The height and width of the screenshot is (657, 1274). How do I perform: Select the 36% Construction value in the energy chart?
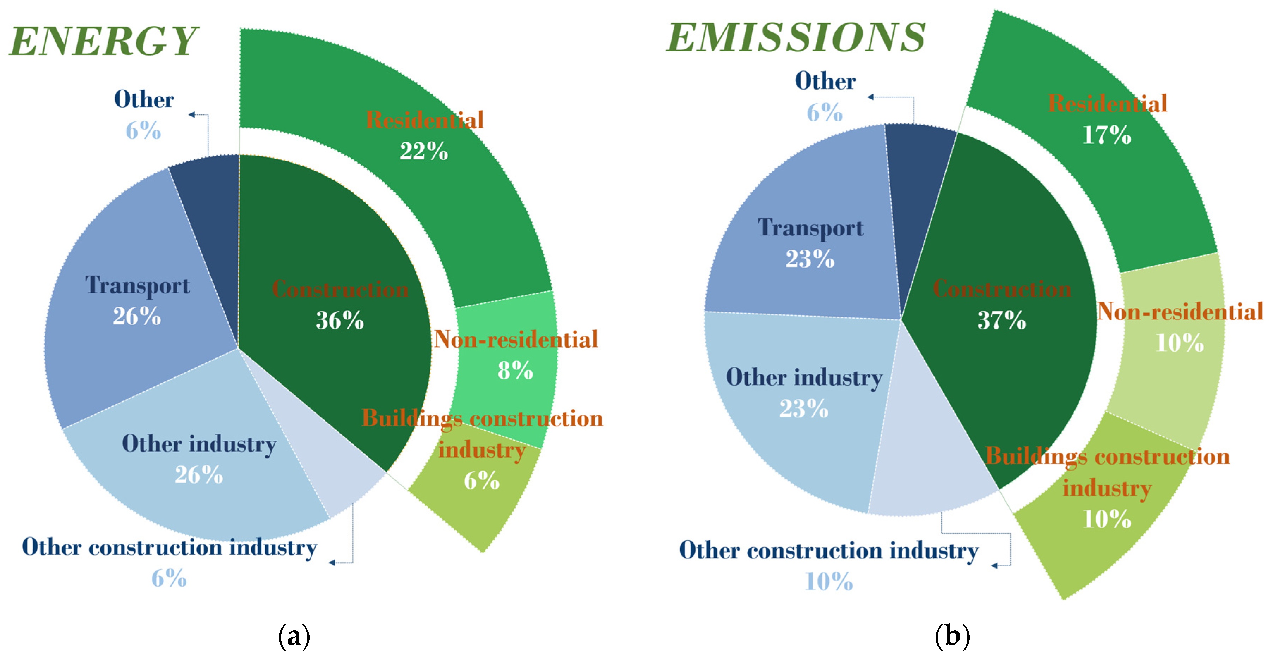tap(340, 320)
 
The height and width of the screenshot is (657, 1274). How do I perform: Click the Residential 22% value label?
tap(424, 151)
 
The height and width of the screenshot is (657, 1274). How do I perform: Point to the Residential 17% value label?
tap(1107, 135)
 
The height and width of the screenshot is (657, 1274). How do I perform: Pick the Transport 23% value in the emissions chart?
tap(810, 259)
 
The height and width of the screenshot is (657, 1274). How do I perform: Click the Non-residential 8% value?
tap(515, 370)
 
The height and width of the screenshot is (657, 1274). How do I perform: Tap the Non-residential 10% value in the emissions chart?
tap(1180, 343)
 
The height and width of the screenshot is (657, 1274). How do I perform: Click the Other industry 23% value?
tap(804, 409)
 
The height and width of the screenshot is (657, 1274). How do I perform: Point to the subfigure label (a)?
tap(294, 636)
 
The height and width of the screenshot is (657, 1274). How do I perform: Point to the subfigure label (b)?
tap(953, 636)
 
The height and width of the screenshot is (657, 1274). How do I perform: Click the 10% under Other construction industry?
tap(829, 581)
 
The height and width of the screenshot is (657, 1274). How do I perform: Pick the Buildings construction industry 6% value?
tap(481, 480)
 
